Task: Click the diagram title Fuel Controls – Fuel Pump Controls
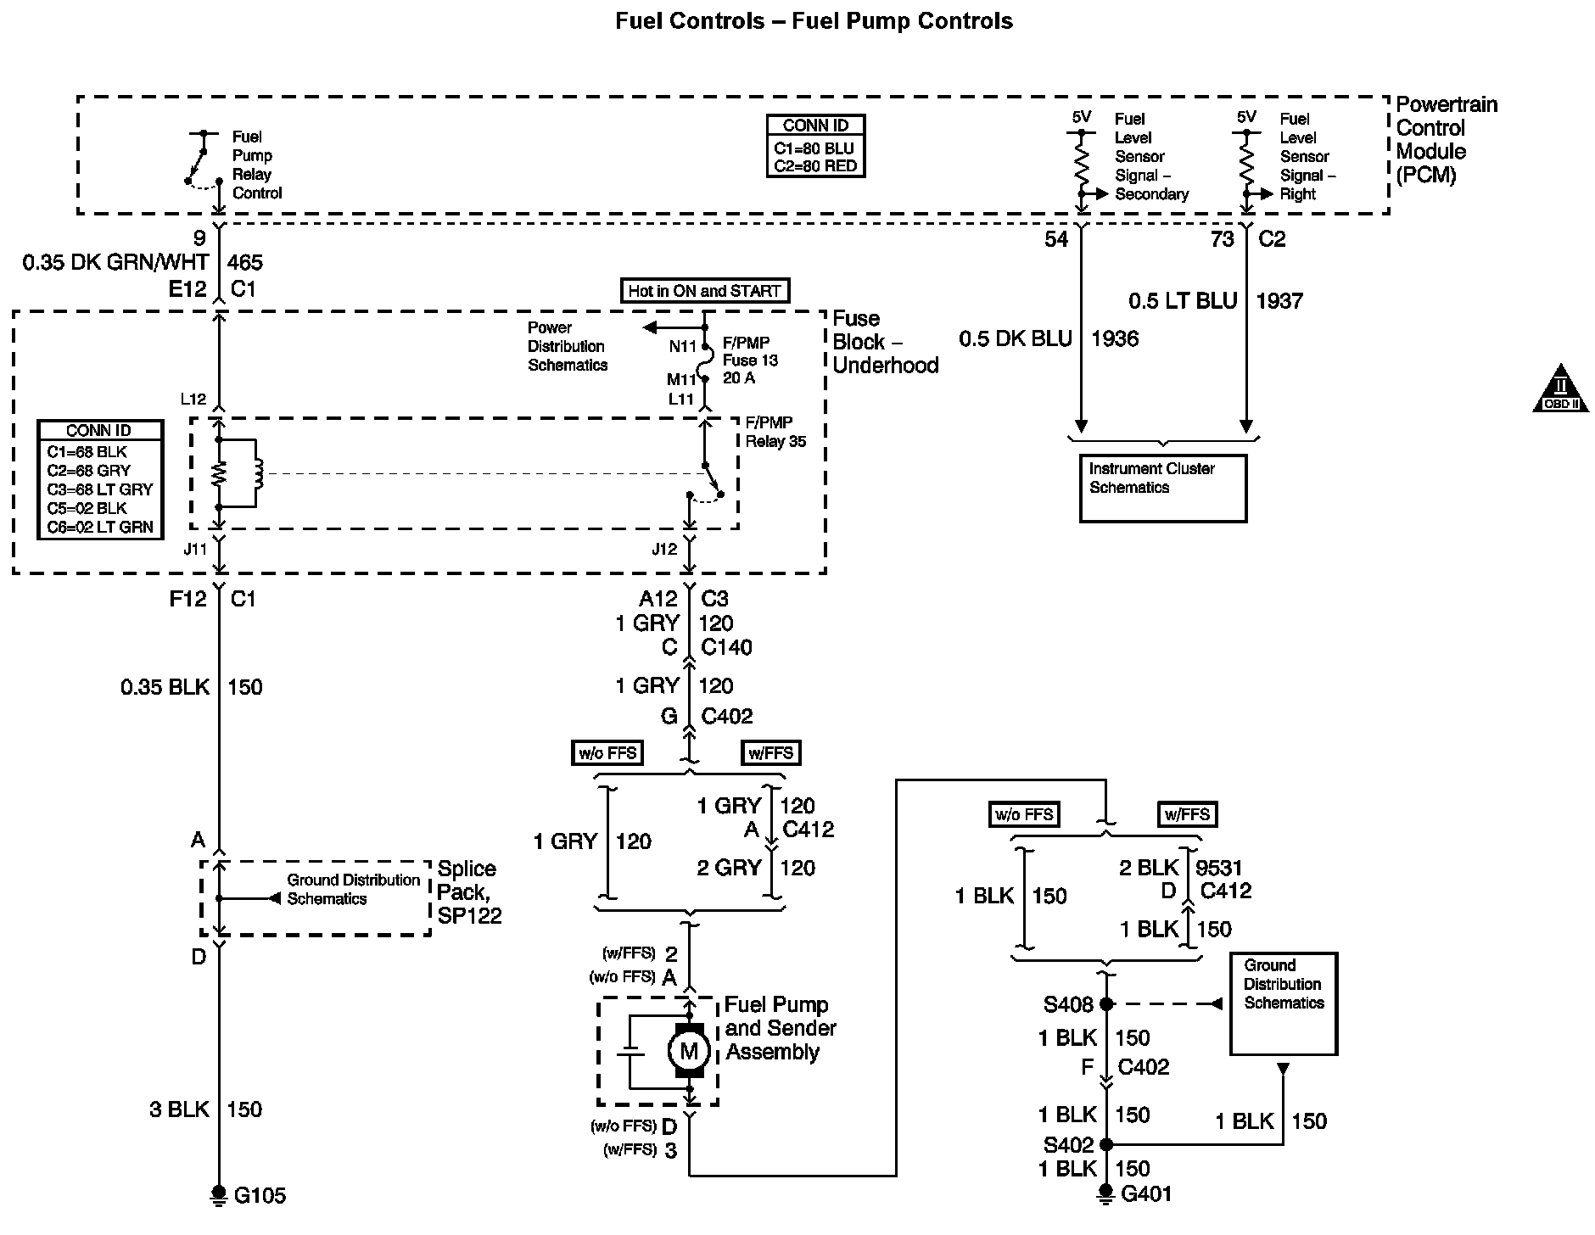point(814,21)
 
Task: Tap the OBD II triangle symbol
point(1560,390)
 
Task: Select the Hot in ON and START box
point(704,291)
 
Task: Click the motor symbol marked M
point(688,1052)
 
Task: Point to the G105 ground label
point(260,1196)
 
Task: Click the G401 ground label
point(1146,1194)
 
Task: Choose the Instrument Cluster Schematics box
point(1162,488)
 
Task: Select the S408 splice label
point(1068,1005)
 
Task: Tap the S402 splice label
point(1068,1145)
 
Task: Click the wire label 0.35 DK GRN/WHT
point(115,263)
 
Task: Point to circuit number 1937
point(1279,301)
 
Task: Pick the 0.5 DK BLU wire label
point(1015,339)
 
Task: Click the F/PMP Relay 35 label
point(775,432)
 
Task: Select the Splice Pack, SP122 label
point(469,892)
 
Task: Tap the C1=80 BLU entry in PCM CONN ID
point(814,148)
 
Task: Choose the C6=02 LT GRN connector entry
point(100,527)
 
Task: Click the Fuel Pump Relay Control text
point(257,165)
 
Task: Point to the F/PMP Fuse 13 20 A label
point(750,360)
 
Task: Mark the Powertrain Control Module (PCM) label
point(1447,140)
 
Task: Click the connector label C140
point(726,648)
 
